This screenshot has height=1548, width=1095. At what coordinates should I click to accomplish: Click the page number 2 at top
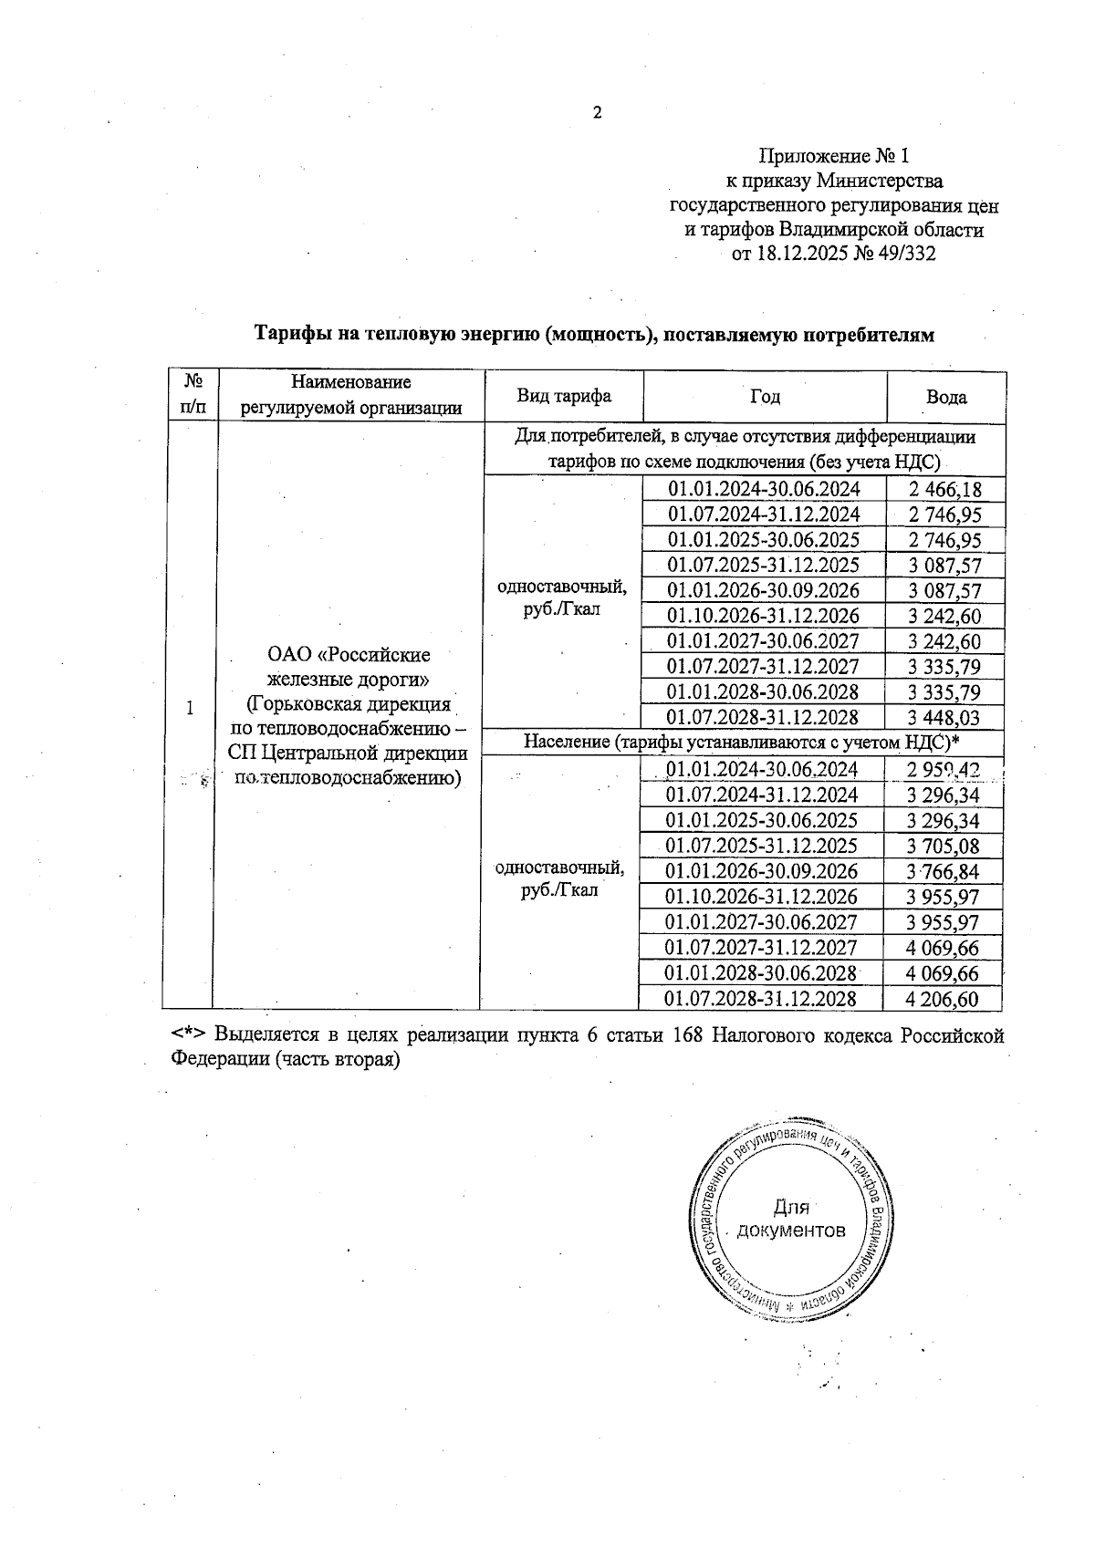click(598, 113)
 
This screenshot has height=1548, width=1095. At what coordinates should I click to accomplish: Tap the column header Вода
click(946, 397)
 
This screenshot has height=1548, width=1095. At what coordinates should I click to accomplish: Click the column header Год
click(765, 396)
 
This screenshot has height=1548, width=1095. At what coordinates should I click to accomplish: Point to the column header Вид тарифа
click(564, 396)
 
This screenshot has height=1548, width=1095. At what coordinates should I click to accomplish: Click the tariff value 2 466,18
click(945, 489)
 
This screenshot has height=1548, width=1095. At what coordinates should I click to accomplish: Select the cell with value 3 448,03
click(944, 718)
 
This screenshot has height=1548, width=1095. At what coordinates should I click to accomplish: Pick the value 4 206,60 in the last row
click(942, 999)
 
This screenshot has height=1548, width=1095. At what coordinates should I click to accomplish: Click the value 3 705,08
click(943, 846)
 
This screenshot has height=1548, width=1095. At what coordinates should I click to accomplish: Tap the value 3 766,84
click(943, 871)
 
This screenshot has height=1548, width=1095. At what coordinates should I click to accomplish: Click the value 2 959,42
click(943, 770)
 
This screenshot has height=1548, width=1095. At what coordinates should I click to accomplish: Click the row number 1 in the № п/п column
click(190, 708)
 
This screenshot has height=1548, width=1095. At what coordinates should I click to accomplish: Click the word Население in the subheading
click(566, 742)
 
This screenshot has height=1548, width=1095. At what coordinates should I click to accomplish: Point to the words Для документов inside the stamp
click(791, 1220)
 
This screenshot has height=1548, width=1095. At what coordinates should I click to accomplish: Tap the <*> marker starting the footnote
click(189, 1035)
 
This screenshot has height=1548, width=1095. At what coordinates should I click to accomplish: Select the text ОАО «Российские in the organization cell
click(349, 655)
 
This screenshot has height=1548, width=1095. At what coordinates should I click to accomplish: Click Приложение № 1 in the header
click(834, 156)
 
